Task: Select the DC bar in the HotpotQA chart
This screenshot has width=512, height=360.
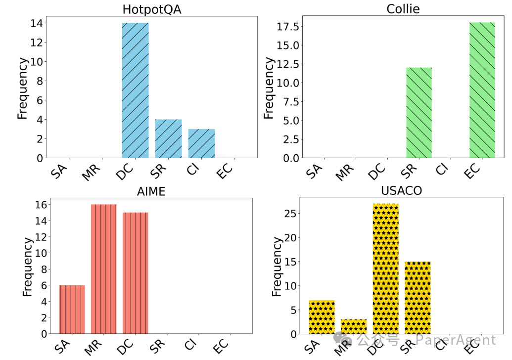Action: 135,90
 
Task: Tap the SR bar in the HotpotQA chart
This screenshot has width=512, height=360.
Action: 168,138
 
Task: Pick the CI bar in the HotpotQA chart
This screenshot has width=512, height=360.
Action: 201,143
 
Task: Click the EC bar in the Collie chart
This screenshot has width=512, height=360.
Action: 482,90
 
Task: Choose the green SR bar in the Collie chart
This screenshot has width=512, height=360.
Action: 419,113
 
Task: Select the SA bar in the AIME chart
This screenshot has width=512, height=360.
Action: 72,310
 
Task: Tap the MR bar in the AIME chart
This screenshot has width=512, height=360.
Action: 103,269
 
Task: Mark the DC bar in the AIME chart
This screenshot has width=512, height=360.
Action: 135,273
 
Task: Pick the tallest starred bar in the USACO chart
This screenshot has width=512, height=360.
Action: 385,269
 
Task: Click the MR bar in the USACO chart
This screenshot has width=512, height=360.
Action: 354,326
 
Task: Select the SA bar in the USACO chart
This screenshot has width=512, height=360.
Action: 322,317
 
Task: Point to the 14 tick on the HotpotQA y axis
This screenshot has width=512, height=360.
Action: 37,23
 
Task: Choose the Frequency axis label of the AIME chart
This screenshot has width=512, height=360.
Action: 27,267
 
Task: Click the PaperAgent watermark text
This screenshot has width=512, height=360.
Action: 455,340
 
